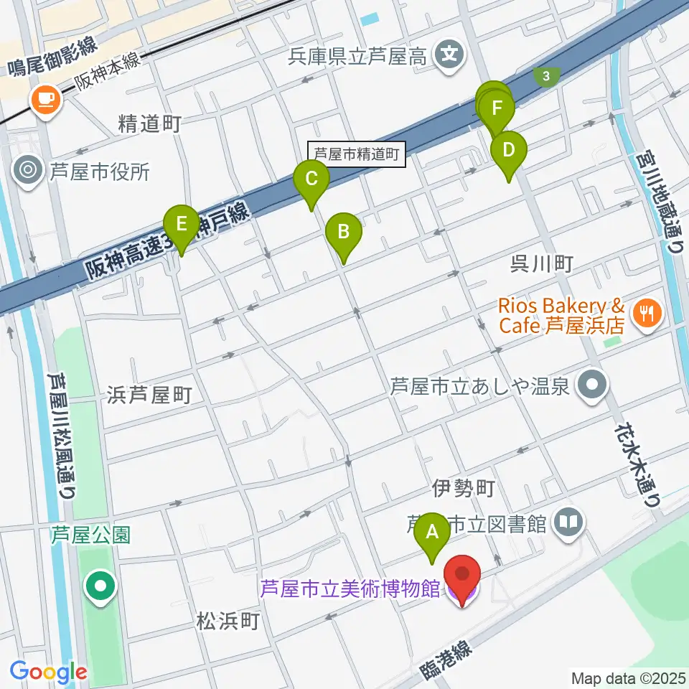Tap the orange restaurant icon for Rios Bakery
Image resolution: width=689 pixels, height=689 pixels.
click(x=646, y=313)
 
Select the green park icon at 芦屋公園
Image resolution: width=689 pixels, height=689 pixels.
click(x=100, y=586)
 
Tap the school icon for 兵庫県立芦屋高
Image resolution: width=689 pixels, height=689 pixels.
click(x=451, y=55)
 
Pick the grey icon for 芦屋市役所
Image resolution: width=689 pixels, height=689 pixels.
click(x=29, y=171)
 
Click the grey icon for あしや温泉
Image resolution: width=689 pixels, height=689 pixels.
click(x=593, y=385)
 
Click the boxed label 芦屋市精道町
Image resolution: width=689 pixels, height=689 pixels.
click(x=357, y=153)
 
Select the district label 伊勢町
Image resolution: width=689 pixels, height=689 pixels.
click(x=463, y=489)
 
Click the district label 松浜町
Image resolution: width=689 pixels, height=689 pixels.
click(x=228, y=621)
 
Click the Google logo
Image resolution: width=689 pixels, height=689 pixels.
click(x=48, y=672)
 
